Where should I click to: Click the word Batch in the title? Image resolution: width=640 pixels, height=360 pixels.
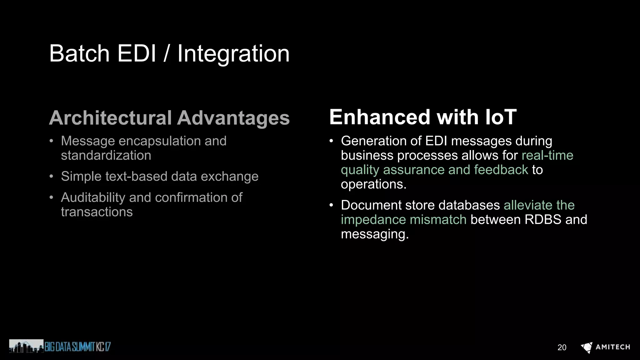click(x=79, y=53)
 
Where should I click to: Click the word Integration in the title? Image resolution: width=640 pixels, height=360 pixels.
click(x=233, y=54)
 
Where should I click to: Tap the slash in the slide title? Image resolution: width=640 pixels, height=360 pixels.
click(x=167, y=54)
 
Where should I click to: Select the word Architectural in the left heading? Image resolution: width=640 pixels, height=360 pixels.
click(x=110, y=118)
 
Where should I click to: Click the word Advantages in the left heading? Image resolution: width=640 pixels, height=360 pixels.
click(x=233, y=118)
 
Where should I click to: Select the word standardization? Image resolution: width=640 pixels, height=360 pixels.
click(x=106, y=155)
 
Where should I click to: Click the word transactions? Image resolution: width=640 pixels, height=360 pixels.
click(x=97, y=212)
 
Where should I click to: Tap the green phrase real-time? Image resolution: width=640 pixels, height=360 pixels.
click(x=547, y=155)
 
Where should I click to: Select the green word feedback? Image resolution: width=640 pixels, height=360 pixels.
click(x=501, y=170)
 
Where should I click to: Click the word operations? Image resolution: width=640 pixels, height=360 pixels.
click(x=373, y=184)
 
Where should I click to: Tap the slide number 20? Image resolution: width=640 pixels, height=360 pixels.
click(x=562, y=347)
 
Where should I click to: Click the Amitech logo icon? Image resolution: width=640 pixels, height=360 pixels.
click(x=587, y=347)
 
